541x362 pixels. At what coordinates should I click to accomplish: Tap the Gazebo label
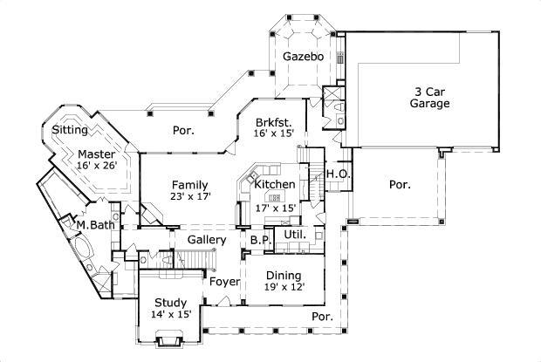(x=303, y=57)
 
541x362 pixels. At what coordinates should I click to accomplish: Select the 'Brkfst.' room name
(x=275, y=122)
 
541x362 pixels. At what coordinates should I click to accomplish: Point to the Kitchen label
(x=274, y=185)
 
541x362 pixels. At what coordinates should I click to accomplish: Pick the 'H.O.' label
(x=338, y=174)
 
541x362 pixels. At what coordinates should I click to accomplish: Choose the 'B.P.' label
(x=259, y=240)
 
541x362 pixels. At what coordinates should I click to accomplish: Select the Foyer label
(x=223, y=282)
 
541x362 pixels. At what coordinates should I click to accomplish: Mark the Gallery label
(x=207, y=240)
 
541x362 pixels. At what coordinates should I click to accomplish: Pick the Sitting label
(x=70, y=130)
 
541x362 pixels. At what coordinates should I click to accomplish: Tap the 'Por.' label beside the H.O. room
(x=400, y=185)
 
